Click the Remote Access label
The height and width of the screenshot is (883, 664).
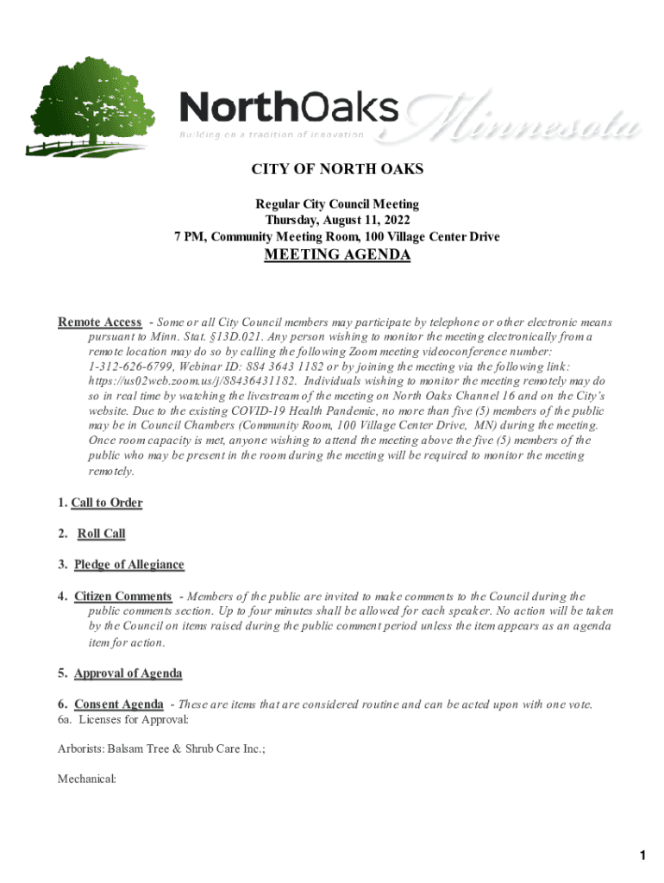click(100, 323)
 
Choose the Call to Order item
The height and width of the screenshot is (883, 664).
click(106, 503)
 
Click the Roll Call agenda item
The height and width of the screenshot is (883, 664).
click(101, 534)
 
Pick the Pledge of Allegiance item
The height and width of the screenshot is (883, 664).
click(128, 565)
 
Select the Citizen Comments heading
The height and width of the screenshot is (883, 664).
click(122, 596)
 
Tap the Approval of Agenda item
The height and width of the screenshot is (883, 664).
click(128, 673)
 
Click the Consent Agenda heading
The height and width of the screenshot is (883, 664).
click(118, 705)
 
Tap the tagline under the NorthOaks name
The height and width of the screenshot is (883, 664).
click(272, 135)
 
